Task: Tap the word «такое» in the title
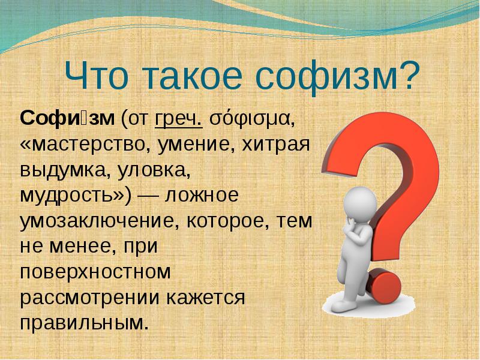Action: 193,76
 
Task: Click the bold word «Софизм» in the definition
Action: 67,118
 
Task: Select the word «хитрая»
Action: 276,145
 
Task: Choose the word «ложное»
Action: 202,196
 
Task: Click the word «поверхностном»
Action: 95,272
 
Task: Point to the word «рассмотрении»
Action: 89,298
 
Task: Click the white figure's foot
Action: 343,305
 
